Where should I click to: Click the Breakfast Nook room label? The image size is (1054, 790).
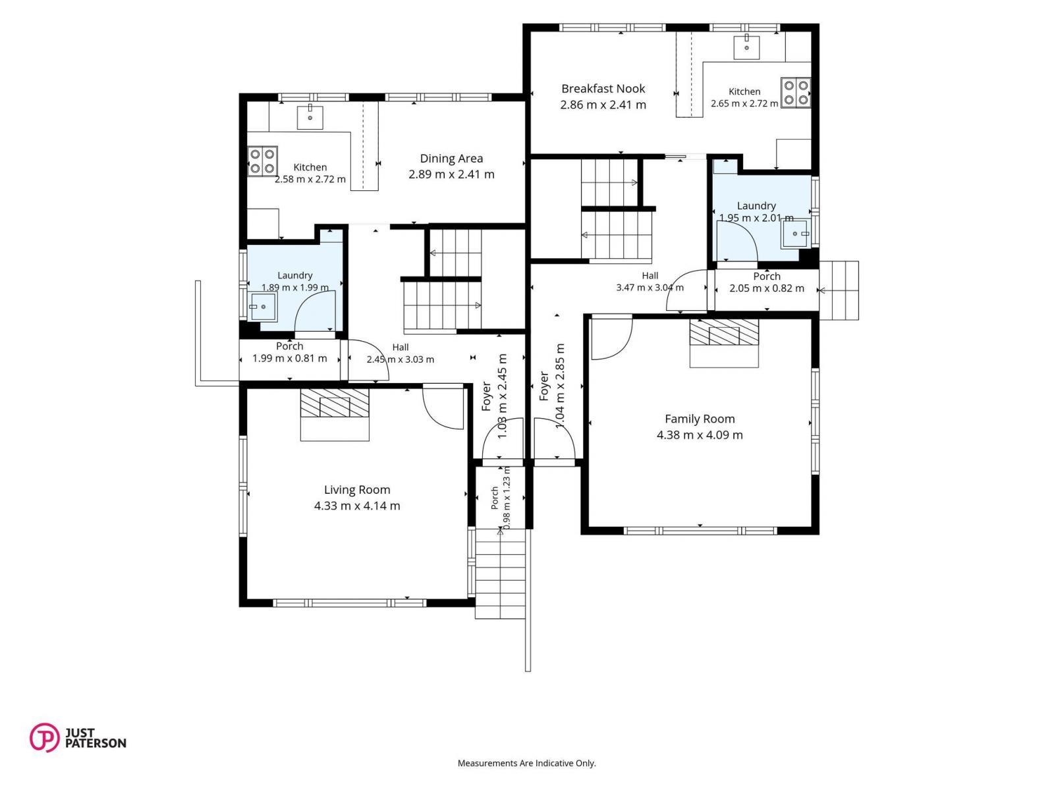[x=603, y=89]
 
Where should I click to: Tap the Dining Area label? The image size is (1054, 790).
[x=451, y=158]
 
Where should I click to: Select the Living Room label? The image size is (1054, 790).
[x=357, y=490]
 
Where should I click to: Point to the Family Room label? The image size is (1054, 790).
[x=700, y=419]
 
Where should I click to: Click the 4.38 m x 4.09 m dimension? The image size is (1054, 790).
[x=700, y=435]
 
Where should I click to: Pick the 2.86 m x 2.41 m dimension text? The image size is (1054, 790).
[x=603, y=105]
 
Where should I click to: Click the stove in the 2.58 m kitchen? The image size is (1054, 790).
[x=262, y=160]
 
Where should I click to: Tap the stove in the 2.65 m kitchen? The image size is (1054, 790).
[x=796, y=92]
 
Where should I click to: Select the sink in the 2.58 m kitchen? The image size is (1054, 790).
[x=310, y=117]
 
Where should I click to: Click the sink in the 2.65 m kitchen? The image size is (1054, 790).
[x=746, y=47]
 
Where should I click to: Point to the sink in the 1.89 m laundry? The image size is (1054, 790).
[x=262, y=307]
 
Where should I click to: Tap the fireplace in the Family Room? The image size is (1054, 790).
[x=724, y=343]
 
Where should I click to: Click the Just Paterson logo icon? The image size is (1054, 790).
[x=45, y=737]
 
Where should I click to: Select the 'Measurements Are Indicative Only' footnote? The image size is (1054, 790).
[x=526, y=763]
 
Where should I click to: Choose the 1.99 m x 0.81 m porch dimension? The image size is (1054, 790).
[x=290, y=358]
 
